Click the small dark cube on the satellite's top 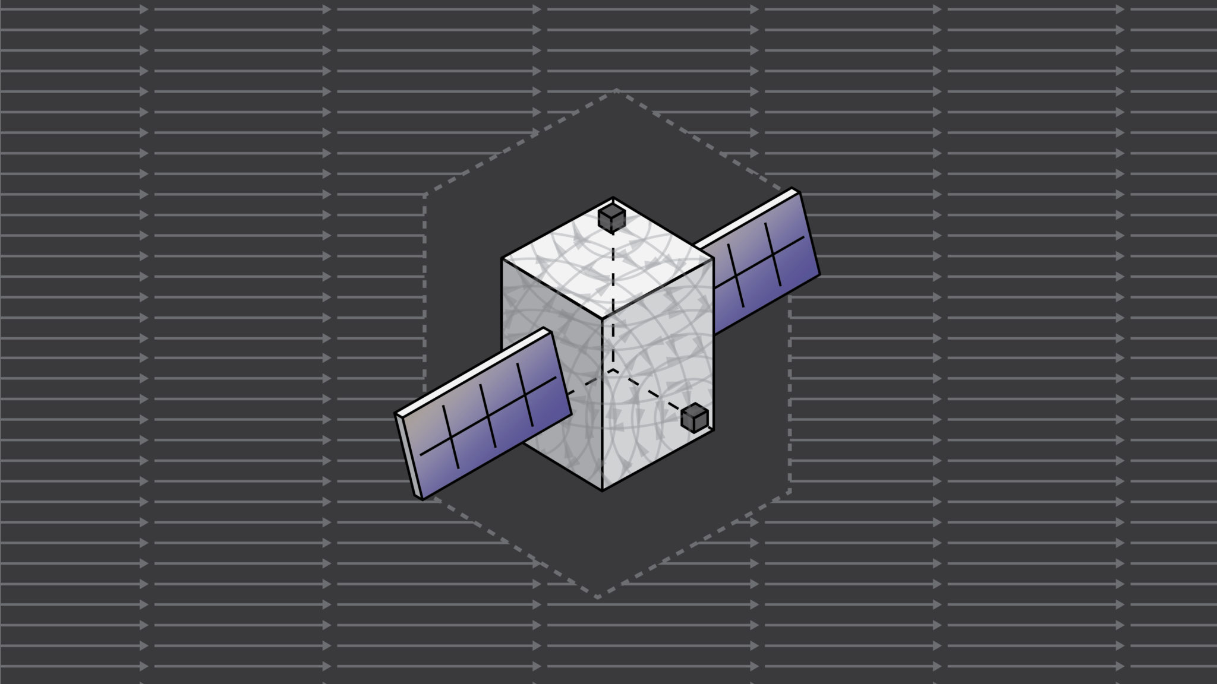pyautogui.click(x=611, y=218)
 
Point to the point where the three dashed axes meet pyautogui.click(x=613, y=369)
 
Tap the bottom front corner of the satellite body pyautogui.click(x=602, y=490)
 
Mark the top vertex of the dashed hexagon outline pyautogui.click(x=616, y=90)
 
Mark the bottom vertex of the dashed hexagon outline pyautogui.click(x=598, y=597)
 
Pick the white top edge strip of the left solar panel pyautogui.click(x=469, y=369)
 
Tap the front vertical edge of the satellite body pyautogui.click(x=602, y=404)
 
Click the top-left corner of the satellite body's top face pyautogui.click(x=502, y=258)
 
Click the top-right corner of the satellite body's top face pyautogui.click(x=712, y=258)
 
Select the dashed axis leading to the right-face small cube pyautogui.click(x=648, y=389)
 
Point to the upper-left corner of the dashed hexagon pyautogui.click(x=424, y=195)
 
